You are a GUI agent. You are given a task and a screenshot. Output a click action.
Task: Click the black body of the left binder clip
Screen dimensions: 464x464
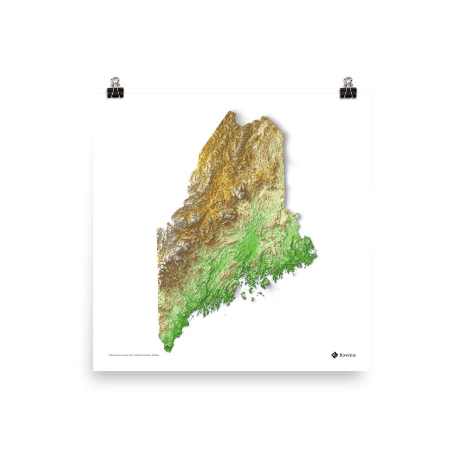(116, 92)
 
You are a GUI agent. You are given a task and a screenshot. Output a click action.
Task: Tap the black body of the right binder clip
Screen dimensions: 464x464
(348, 92)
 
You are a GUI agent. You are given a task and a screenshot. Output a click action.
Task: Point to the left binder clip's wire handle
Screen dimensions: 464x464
(115, 82)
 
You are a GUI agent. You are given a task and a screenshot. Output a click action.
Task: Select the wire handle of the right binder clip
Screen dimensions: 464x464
(348, 82)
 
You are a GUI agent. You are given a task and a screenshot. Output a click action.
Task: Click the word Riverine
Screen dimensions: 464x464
(348, 355)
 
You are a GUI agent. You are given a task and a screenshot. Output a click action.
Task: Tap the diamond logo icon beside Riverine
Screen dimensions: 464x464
(335, 355)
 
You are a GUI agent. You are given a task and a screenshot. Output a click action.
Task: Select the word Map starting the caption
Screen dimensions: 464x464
(111, 355)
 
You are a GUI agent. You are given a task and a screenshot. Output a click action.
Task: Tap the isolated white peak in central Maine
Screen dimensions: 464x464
(241, 191)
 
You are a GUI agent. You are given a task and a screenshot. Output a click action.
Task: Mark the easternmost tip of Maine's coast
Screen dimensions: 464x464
(316, 253)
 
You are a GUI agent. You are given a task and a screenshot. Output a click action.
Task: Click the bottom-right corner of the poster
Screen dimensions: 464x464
(370, 370)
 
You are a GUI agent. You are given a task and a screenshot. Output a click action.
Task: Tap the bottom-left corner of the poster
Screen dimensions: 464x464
(93, 370)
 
